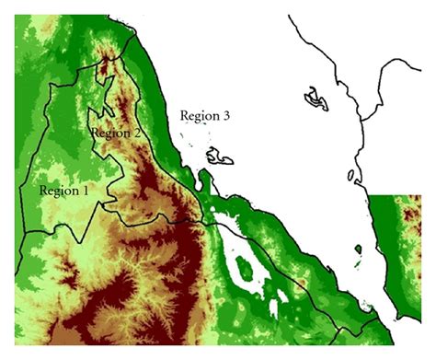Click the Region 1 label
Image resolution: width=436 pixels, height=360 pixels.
(63, 191)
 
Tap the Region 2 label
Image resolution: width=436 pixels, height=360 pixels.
(115, 133)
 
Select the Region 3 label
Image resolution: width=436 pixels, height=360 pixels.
(204, 116)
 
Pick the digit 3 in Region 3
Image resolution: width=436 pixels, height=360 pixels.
(226, 116)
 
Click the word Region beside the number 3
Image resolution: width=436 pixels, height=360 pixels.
(197, 116)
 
